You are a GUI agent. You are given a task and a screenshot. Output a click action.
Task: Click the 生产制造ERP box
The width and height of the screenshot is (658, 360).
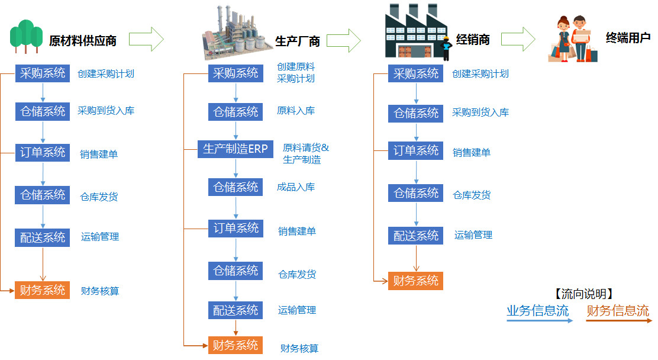pos(236,149)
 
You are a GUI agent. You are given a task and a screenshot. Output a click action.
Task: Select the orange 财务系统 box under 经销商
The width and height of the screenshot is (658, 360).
pos(416,281)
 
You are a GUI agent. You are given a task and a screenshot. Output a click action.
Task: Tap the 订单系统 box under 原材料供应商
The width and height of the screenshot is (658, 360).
pos(43,153)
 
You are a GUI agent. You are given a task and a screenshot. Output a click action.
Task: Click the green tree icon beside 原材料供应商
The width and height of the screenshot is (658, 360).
pos(27,36)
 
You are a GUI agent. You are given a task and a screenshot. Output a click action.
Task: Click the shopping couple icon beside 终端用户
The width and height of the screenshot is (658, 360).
pos(574,38)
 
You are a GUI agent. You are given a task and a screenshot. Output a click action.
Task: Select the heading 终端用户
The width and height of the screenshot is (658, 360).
pos(628,38)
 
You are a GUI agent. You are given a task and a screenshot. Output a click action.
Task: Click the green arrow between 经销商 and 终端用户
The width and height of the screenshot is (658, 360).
pos(518,39)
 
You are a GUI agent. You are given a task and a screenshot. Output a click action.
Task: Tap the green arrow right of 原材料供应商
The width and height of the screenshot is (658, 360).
pos(146,39)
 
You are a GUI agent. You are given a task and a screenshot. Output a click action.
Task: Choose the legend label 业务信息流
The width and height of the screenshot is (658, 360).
pos(537,310)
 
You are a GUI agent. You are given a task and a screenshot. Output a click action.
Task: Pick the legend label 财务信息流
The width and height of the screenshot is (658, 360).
pos(618,310)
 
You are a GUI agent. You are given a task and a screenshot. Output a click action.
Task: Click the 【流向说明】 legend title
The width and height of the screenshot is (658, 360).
pos(583,294)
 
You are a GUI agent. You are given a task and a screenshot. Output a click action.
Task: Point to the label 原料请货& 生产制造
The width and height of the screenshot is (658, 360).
pos(305,154)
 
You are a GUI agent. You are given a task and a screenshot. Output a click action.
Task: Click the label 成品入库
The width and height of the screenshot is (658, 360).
pos(296,187)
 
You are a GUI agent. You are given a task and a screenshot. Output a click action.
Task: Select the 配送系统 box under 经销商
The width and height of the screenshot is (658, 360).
pos(416,235)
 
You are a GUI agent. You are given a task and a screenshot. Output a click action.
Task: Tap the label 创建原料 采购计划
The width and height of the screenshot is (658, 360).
pos(296,73)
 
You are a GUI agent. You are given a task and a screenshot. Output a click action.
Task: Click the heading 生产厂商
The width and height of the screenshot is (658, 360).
pos(298,41)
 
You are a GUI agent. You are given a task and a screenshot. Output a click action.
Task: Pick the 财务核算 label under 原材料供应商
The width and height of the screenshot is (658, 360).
pos(100,291)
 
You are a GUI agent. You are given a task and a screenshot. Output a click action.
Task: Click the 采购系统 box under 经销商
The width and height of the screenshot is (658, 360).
pos(416,74)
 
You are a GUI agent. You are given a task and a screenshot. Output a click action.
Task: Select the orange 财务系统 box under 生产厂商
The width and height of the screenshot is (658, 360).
pos(236,345)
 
